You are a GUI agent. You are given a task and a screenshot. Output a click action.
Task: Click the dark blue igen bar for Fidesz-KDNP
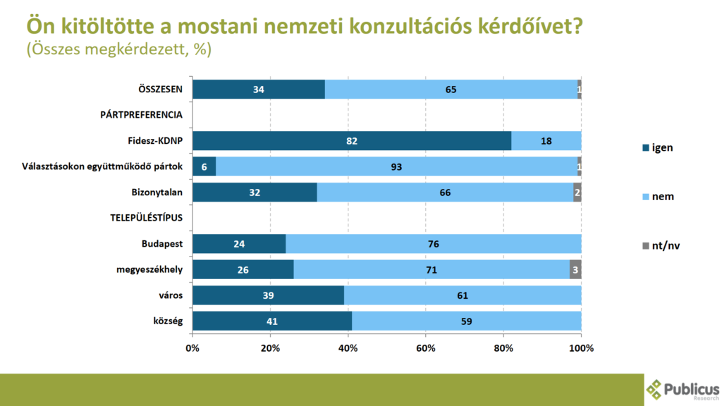click(351, 141)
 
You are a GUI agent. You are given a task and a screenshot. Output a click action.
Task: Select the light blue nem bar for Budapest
click(433, 244)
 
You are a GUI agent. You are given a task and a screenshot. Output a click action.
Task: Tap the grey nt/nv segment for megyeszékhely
click(575, 269)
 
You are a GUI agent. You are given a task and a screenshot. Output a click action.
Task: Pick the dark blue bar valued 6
click(204, 166)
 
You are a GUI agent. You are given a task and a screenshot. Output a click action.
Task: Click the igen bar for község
click(271, 321)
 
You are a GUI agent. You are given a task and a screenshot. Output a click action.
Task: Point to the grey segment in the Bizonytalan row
click(577, 192)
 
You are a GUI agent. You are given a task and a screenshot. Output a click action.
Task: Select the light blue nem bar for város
click(463, 295)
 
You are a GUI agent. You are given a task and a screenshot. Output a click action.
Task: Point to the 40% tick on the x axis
click(348, 347)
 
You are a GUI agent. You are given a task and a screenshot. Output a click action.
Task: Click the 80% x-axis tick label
click(503, 347)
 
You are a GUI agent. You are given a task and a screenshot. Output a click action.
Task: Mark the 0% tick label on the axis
click(192, 347)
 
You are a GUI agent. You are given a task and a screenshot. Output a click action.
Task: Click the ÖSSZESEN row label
click(160, 90)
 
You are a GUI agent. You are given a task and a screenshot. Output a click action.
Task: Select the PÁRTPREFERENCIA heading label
click(141, 115)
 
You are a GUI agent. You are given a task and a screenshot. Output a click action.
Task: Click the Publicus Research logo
click(683, 389)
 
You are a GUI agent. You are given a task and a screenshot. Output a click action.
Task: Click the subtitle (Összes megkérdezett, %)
click(119, 50)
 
